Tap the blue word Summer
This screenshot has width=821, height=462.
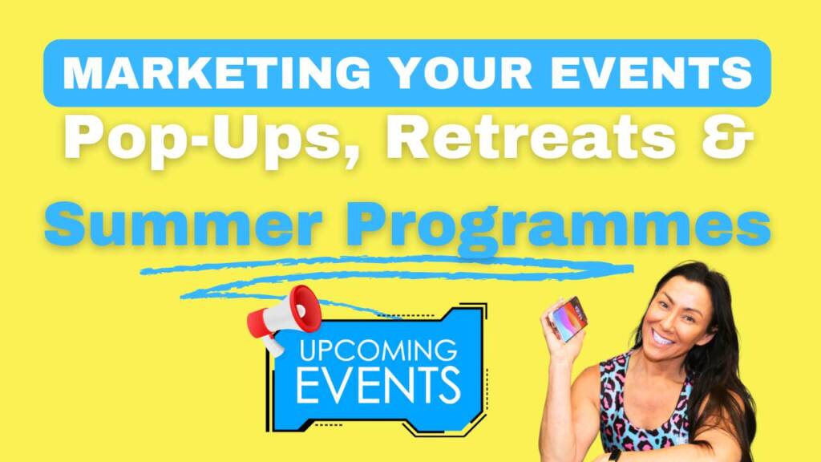(x=184, y=225)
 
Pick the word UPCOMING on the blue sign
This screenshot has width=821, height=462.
(x=378, y=351)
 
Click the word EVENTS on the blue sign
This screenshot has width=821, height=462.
(x=378, y=385)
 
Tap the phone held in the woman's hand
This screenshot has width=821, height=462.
(x=568, y=318)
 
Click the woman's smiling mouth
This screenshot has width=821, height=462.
(x=662, y=336)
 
